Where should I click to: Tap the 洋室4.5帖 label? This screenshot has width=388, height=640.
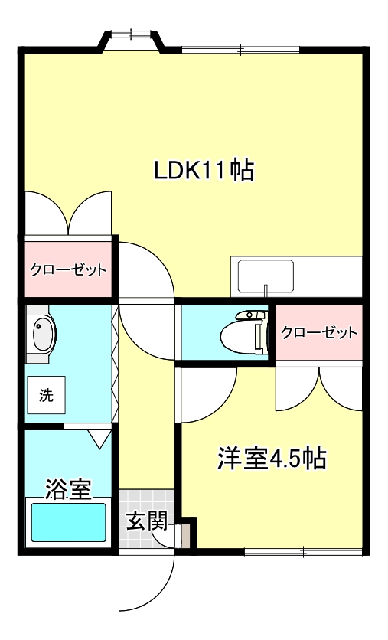click(272, 459)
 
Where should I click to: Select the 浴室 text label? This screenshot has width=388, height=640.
click(68, 488)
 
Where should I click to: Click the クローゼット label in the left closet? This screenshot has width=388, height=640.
click(67, 270)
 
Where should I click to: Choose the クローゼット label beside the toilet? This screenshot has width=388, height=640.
click(318, 332)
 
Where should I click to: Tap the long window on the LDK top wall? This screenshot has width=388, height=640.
click(240, 51)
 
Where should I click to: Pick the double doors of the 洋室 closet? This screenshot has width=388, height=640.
click(318, 387)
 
